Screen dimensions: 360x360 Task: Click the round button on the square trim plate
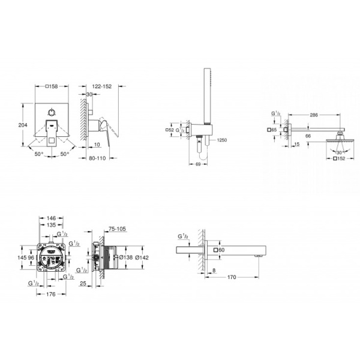click(53, 112)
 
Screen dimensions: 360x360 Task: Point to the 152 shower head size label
click(340, 160)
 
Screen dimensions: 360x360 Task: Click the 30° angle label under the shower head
click(341, 152)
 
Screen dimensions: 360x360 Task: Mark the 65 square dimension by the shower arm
click(271, 130)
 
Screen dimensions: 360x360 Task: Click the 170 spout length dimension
click(231, 277)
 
